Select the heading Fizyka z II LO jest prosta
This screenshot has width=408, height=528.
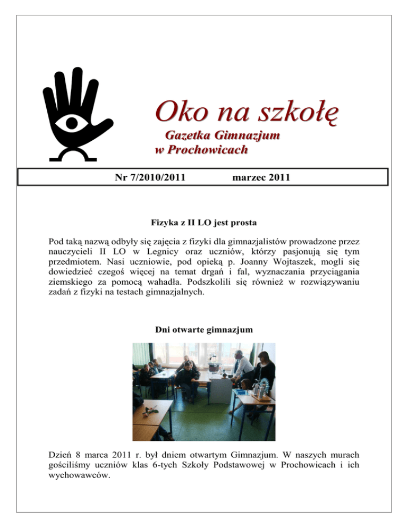[203, 225]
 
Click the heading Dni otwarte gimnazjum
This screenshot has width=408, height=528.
[203, 329]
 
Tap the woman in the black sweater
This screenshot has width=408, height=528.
[264, 372]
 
